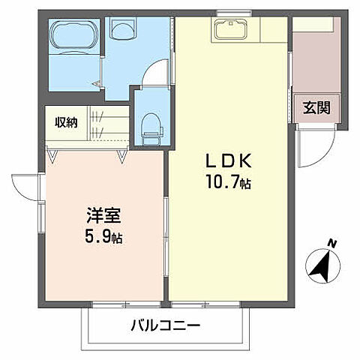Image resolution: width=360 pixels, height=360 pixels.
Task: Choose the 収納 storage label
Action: coord(65,122)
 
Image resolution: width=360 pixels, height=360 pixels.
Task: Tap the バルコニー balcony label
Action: coord(166,325)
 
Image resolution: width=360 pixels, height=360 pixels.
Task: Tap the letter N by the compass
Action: coord(332,242)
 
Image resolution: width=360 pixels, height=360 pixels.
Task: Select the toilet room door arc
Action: coord(155,73)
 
